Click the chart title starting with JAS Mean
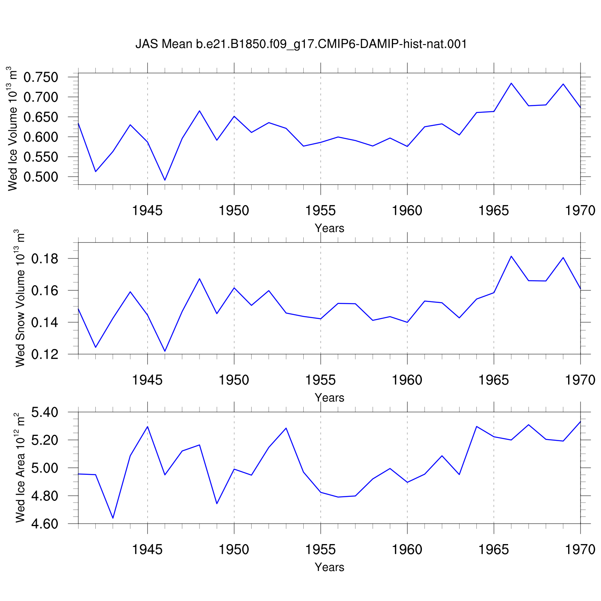[x=301, y=44]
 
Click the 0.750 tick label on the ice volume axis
[x=40, y=77]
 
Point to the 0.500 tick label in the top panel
[x=40, y=177]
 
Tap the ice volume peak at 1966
[x=511, y=83]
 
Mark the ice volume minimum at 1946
[x=165, y=180]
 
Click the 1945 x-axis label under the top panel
[x=147, y=210]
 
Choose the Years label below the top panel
[x=329, y=228]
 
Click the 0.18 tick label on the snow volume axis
[x=44, y=259]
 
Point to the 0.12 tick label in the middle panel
[x=44, y=354]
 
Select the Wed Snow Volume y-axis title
[x=20, y=298]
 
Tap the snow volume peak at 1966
[x=511, y=256]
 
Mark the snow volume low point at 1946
[x=165, y=351]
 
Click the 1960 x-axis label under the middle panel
[x=407, y=380]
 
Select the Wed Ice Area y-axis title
[x=20, y=467]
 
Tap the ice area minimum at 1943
[x=113, y=518]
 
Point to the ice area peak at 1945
[x=147, y=426]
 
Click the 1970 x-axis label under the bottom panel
[x=580, y=549]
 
